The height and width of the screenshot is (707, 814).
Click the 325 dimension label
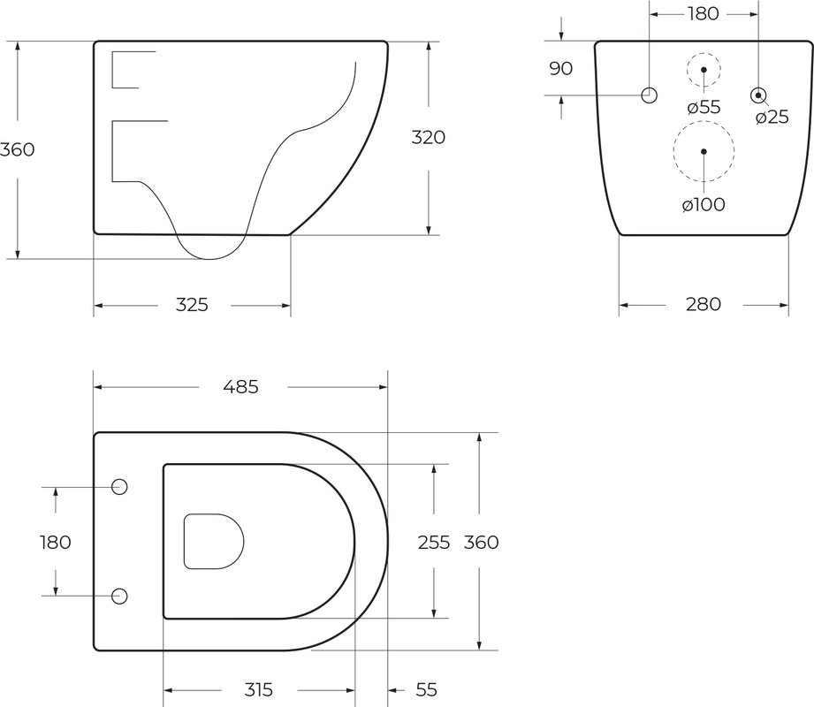[x=192, y=305]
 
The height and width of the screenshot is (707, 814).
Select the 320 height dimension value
[x=429, y=138]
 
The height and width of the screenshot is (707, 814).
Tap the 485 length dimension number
[x=241, y=387]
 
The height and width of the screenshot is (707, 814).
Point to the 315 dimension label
[x=259, y=690]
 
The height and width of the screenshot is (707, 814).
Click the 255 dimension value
[x=434, y=543]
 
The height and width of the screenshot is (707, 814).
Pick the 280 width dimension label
[x=704, y=304]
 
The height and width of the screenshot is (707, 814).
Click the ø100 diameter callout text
[x=704, y=205]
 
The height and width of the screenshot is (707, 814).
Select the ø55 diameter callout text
[x=704, y=108]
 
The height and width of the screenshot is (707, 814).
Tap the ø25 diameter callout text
[x=772, y=118]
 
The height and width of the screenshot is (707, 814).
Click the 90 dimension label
[x=560, y=69]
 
